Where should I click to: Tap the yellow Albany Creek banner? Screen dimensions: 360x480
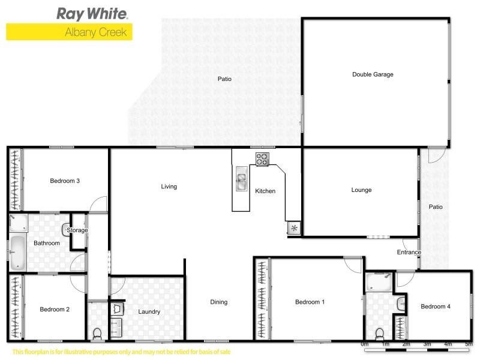coord(69,32)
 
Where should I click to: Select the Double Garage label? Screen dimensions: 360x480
coord(373,74)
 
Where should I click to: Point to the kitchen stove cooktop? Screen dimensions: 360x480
coord(263,160)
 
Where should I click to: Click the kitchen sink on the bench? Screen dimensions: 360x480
coord(241,181)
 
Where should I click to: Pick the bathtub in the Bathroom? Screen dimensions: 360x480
coord(17,253)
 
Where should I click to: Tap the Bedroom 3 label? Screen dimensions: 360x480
coord(65,181)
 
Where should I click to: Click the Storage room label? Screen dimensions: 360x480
coord(77,230)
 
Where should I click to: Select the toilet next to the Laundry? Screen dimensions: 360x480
coord(98,332)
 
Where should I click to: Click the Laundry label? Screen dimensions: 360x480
coord(149,311)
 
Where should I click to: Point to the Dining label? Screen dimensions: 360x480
coord(219,302)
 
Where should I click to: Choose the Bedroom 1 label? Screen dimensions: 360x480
coord(310,302)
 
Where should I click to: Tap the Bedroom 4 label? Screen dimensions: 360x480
coord(435,307)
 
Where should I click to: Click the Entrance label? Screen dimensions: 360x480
coord(409,252)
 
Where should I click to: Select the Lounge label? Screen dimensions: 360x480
coord(361,190)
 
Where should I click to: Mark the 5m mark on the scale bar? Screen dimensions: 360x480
coord(469,344)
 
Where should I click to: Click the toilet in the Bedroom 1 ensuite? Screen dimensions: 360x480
coord(379,334)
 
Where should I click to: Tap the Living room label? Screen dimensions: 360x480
coord(169,187)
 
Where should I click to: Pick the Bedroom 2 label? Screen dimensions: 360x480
coord(55,310)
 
